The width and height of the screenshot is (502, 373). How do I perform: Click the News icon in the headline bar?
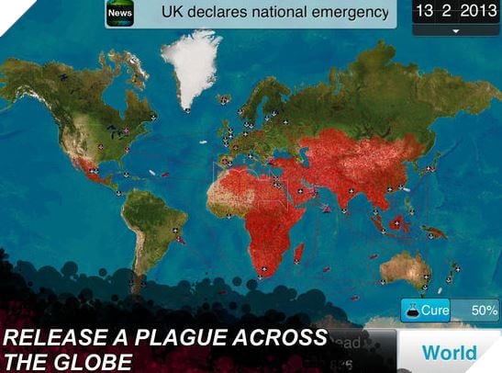(x=119, y=15)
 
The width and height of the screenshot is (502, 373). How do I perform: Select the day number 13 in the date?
(x=425, y=12)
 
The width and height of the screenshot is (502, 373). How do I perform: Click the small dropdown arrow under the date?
(x=455, y=30)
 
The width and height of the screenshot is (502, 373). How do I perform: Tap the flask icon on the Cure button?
(x=411, y=311)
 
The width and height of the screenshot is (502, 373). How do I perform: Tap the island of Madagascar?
(x=299, y=253)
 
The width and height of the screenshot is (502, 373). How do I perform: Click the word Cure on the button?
(x=435, y=311)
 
